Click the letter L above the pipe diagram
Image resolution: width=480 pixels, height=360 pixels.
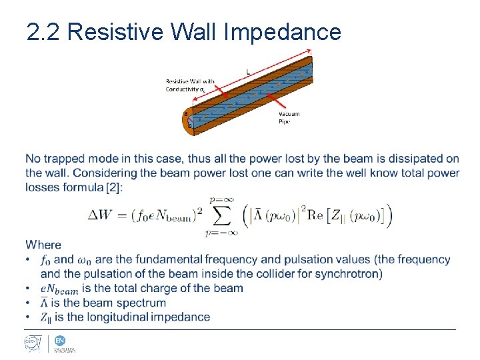click(248, 71)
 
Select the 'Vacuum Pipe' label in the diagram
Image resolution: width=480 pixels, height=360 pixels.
click(289, 117)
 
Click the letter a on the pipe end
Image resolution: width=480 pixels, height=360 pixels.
click(185, 114)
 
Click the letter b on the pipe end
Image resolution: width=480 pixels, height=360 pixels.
click(189, 125)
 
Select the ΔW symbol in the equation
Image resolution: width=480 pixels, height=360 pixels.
click(103, 215)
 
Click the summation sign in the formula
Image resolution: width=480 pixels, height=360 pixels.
click(221, 215)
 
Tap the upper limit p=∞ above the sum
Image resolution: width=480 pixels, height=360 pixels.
click(221, 199)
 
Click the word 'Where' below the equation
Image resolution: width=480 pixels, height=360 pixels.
click(43, 245)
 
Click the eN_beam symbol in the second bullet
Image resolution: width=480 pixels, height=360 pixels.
click(59, 289)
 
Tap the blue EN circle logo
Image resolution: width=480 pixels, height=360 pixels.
click(60, 340)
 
